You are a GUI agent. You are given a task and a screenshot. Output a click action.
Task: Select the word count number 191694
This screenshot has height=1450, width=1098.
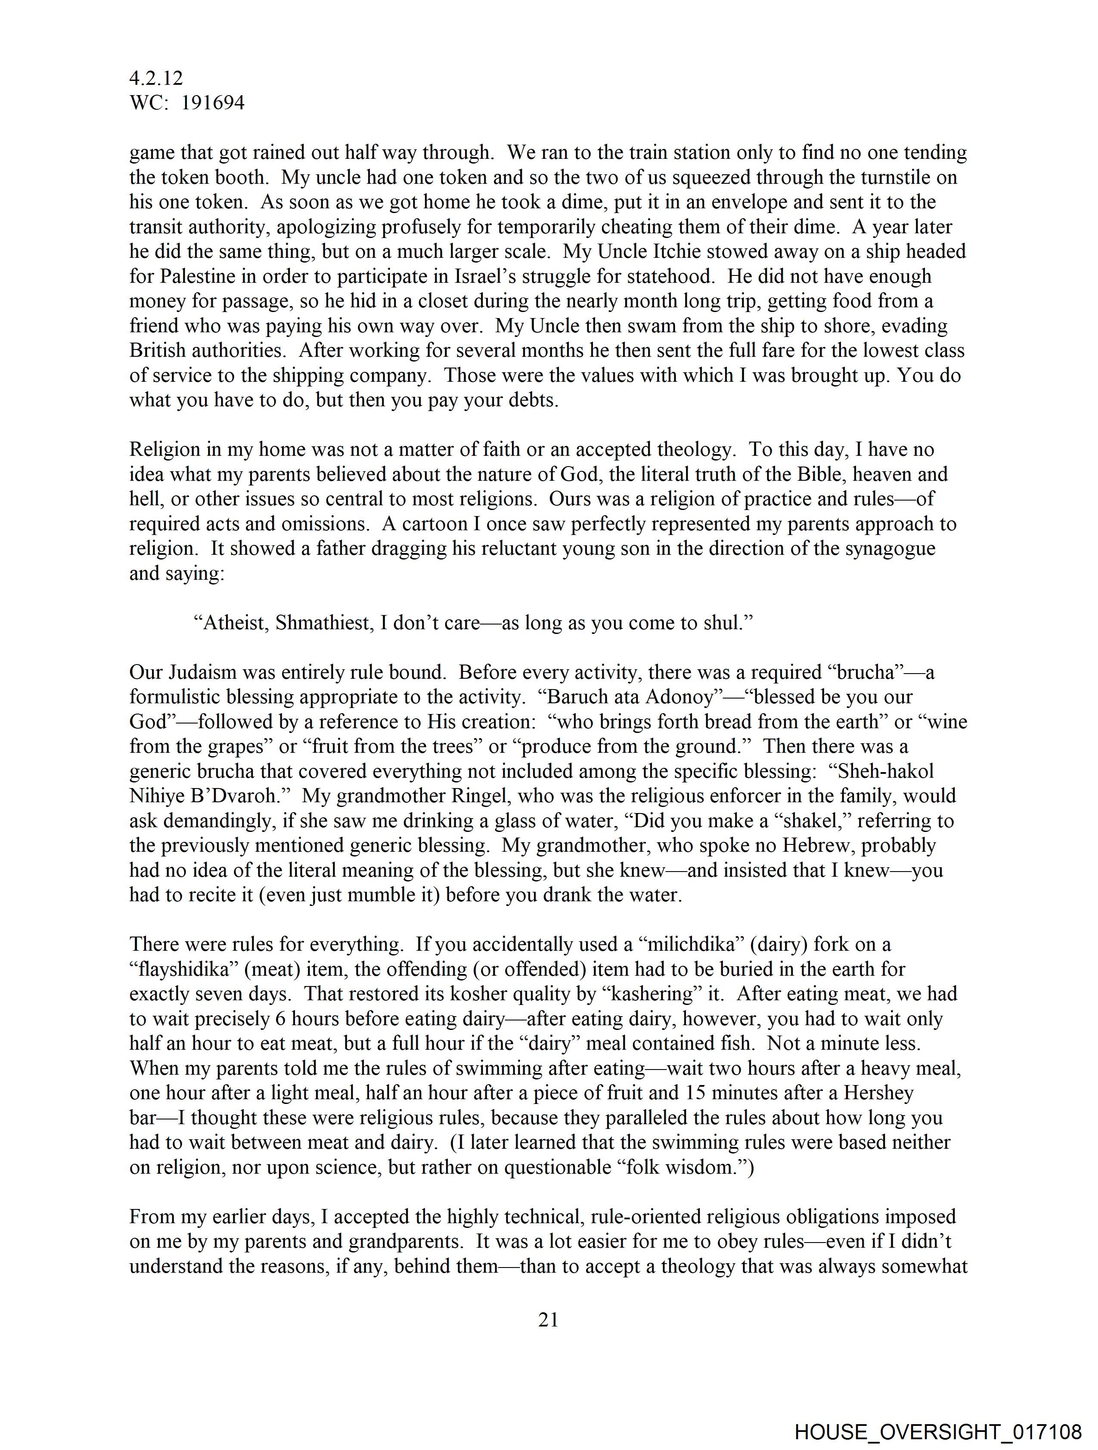click(213, 103)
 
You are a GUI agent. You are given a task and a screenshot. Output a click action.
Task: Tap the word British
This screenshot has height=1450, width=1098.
click(158, 351)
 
